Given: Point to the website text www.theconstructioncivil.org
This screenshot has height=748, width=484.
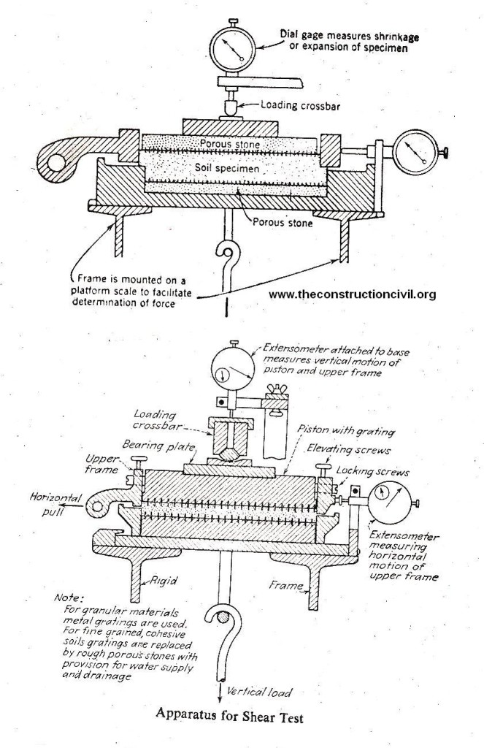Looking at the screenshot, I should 353,294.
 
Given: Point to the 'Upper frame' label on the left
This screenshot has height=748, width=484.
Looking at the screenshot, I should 101,465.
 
